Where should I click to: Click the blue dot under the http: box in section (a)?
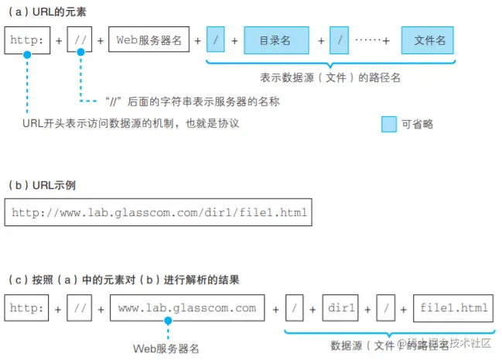click(x=27, y=55)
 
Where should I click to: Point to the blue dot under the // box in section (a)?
click(x=80, y=55)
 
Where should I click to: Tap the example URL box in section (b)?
click(x=158, y=211)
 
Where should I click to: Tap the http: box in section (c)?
click(x=26, y=308)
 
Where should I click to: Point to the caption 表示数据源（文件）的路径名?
click(x=331, y=77)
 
